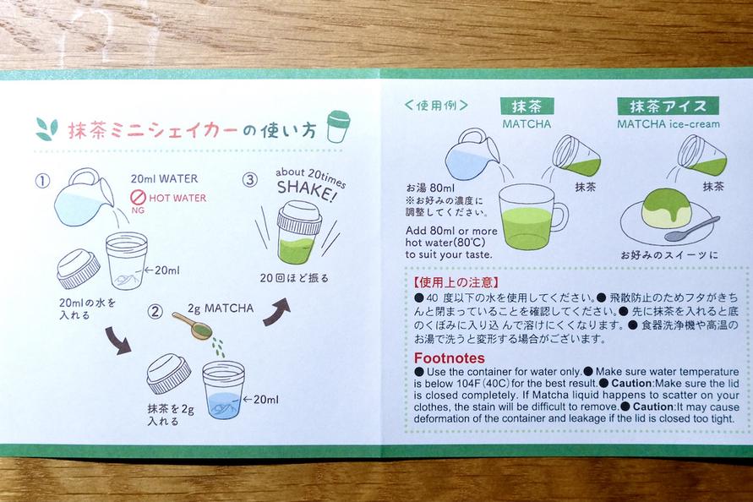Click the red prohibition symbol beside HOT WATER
pos(139,197)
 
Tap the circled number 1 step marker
pos(43,181)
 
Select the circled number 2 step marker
pos(155,312)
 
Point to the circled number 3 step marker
pos(249,180)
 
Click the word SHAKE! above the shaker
pos(305,190)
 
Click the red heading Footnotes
pos(449,357)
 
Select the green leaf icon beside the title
pos(46,129)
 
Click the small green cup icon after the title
pos(338,126)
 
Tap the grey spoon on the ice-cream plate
pos(692,229)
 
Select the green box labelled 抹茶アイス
pos(668,106)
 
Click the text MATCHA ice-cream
pos(668,124)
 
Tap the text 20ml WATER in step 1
pos(164,178)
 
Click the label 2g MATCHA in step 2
pos(221,308)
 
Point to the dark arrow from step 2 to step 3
pos(277,312)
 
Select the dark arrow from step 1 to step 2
pos(117,341)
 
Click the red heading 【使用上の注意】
pos(456,282)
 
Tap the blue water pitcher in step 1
pos(83,198)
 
